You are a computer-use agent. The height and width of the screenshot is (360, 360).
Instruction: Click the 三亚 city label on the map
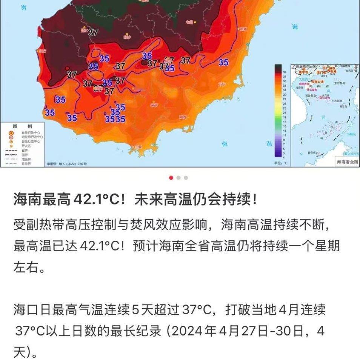click(x=138, y=146)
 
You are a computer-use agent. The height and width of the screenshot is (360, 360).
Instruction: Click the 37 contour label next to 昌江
click(x=93, y=32)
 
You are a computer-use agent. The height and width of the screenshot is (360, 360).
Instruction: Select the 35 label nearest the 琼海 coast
click(x=223, y=62)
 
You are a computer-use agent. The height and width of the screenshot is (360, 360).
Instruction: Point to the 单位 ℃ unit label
click(x=280, y=163)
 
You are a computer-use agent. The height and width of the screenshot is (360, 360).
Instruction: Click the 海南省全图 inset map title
click(x=347, y=162)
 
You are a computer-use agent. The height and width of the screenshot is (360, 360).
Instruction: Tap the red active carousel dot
click(x=171, y=178)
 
